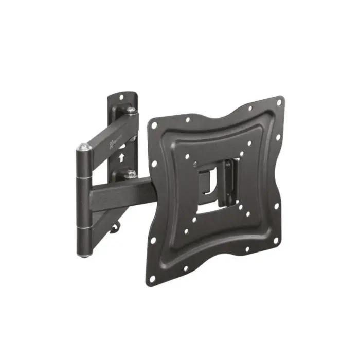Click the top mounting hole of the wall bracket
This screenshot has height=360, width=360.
click(122, 97)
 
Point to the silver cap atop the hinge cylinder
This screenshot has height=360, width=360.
click(84, 148)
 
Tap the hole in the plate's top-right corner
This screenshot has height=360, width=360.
click(279, 102)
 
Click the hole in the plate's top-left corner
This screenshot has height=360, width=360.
click(153, 123)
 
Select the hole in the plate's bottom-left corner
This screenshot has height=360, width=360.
click(152, 280)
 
